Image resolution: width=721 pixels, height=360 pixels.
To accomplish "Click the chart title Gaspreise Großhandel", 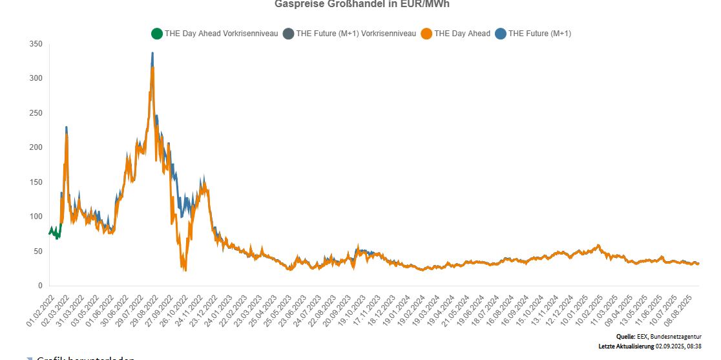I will pyautogui.click(x=361, y=4).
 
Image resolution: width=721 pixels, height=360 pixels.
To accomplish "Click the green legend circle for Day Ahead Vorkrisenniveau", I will pyautogui.click(x=156, y=34).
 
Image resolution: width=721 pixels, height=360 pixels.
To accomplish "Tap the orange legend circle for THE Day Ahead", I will pyautogui.click(x=426, y=34).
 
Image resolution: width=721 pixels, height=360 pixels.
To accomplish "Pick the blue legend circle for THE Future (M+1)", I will pyautogui.click(x=500, y=34).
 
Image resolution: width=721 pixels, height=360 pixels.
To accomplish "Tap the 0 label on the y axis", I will pyautogui.click(x=40, y=286).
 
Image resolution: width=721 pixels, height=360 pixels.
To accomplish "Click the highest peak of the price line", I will pyautogui.click(x=152, y=54).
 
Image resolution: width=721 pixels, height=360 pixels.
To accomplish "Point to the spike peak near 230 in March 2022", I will pyautogui.click(x=66, y=128).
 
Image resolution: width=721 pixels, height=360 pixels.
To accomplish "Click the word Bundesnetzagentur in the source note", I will pyautogui.click(x=684, y=337).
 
